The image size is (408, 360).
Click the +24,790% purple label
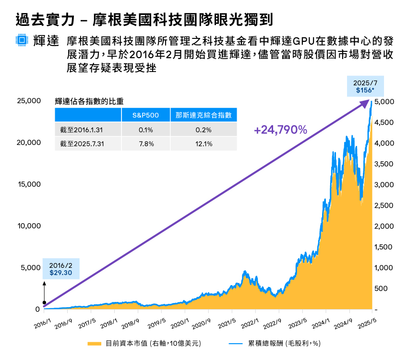click(x=281, y=130)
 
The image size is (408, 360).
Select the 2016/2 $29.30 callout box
click(x=60, y=269)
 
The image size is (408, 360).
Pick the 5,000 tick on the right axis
click(x=384, y=102)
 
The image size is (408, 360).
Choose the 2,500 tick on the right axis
click(x=384, y=205)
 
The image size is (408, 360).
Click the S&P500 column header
click(x=145, y=115)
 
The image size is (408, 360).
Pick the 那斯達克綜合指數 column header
click(x=204, y=115)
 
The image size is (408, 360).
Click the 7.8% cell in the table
click(x=145, y=144)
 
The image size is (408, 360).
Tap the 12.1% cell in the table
click(x=204, y=144)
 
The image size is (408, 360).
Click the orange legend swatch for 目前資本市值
click(x=94, y=344)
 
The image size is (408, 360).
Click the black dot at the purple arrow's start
click(x=44, y=302)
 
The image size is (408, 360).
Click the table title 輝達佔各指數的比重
click(x=90, y=101)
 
